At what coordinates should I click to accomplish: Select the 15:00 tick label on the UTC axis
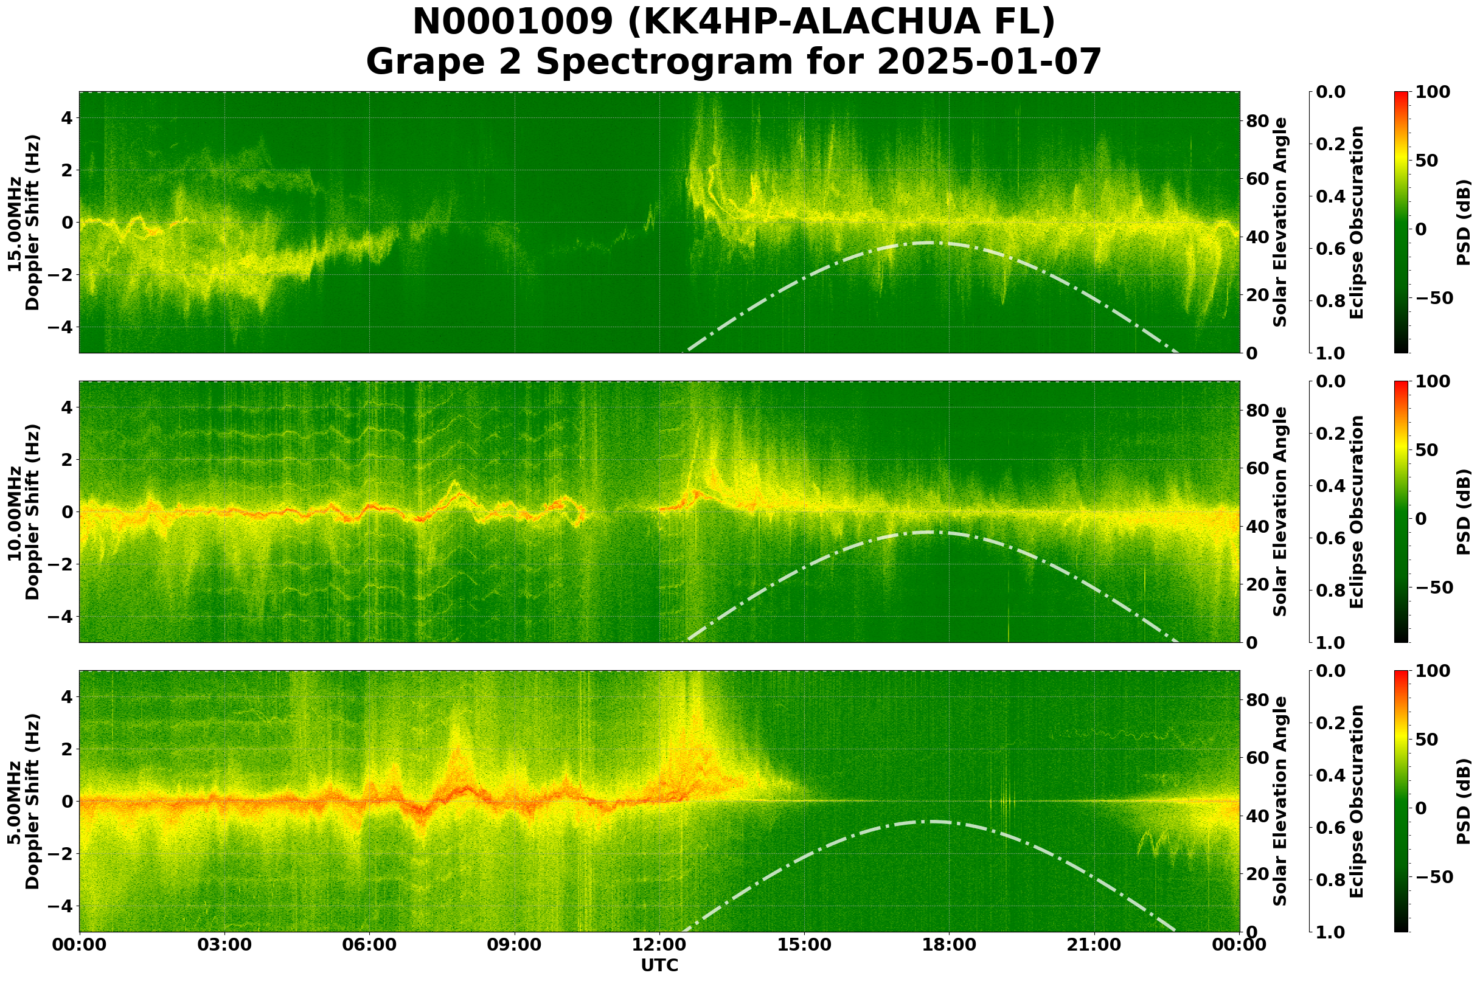804,945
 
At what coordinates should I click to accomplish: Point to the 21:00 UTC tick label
1094,945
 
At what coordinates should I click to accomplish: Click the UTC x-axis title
659,966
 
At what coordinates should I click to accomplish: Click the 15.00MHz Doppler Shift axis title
23,223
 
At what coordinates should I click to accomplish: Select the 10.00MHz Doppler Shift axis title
23,511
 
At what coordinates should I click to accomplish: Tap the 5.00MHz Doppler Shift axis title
23,802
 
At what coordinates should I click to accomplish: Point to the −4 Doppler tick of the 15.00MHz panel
61,327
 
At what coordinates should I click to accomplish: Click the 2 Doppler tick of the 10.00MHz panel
66,460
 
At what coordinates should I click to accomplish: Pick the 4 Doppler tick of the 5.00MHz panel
66,697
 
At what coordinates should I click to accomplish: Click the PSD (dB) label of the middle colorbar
1464,511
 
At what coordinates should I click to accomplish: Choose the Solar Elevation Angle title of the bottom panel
1280,802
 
